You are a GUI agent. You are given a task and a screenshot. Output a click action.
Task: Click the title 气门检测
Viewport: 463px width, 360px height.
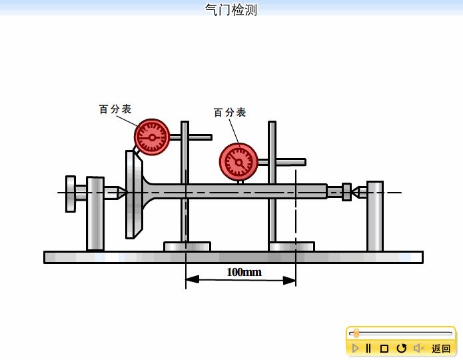coord(231,9)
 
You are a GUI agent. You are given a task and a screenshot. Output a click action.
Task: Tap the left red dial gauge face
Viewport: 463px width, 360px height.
coord(152,137)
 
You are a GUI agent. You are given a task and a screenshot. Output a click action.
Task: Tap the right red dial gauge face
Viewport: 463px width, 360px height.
coord(238,161)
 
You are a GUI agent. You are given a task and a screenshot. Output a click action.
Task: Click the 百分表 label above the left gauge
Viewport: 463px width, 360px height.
coord(115,109)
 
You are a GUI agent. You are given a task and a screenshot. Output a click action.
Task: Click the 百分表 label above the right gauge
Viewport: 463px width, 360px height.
coord(230,113)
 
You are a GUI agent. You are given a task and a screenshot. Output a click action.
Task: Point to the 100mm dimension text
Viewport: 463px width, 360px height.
coord(244,272)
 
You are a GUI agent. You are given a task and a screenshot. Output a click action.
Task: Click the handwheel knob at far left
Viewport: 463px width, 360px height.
coord(70,193)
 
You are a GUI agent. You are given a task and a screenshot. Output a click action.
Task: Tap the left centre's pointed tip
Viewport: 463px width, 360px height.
coord(122,193)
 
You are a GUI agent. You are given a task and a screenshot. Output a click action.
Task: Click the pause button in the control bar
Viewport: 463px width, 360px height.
coord(368,348)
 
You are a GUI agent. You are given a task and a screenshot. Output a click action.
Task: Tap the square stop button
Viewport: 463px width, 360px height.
coord(384,348)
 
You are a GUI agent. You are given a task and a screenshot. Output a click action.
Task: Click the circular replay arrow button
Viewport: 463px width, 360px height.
coord(401,348)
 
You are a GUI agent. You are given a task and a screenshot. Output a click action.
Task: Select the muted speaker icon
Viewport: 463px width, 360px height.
coord(418,348)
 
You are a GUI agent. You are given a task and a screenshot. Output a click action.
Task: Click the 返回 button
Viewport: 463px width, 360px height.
coord(441,348)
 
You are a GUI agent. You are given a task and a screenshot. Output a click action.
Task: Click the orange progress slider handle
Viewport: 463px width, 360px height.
coord(356,333)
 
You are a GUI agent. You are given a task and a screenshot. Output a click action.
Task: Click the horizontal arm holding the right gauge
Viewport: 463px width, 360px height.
coord(288,162)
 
